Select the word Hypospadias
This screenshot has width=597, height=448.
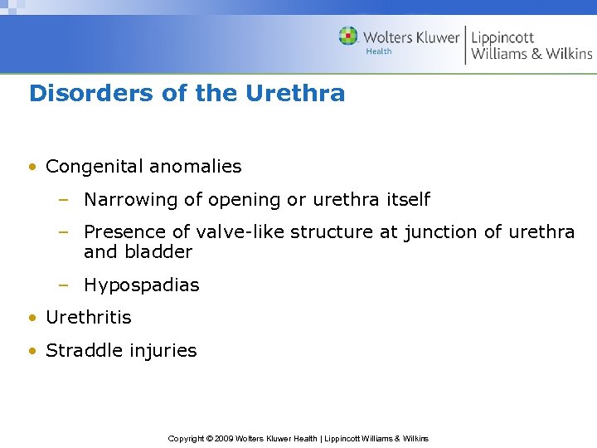(x=142, y=285)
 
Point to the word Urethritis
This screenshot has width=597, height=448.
(x=89, y=318)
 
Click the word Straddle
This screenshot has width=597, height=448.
(x=81, y=351)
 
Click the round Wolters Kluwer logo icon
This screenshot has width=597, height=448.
(x=348, y=37)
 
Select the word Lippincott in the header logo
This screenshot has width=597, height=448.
(x=502, y=37)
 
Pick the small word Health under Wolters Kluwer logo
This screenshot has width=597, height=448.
(x=379, y=51)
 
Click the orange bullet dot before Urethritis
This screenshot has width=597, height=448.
(x=32, y=318)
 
